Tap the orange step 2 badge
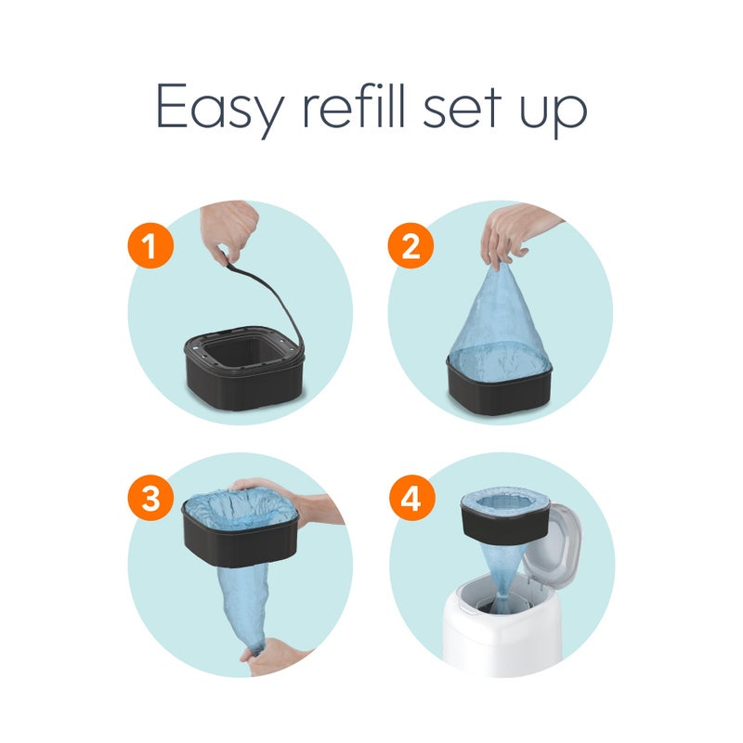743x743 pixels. (411, 247)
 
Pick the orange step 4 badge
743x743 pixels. (411, 500)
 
